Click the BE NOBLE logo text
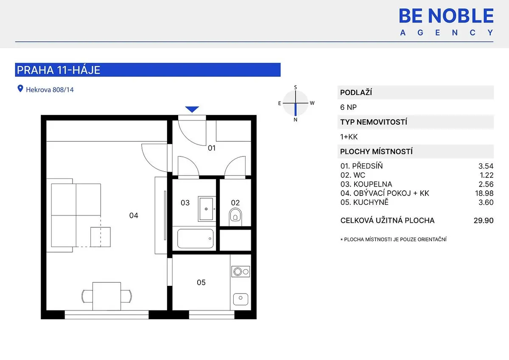(x=446, y=16)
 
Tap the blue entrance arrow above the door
(x=192, y=109)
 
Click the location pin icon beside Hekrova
(x=20, y=89)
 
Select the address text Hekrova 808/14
(x=50, y=90)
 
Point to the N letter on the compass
(x=295, y=120)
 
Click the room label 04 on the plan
(x=134, y=215)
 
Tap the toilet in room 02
(x=235, y=217)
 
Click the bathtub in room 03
(x=196, y=238)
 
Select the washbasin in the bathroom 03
(x=207, y=209)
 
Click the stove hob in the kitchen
(x=241, y=271)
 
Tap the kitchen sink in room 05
(x=241, y=299)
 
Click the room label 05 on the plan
(x=201, y=282)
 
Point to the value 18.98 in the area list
(x=484, y=193)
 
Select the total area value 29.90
(x=484, y=220)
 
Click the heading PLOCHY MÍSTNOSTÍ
(x=376, y=151)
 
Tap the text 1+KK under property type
(x=349, y=137)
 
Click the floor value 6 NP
(x=348, y=107)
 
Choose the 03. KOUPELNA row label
(x=366, y=184)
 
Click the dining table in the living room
(x=106, y=296)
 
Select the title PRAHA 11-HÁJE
(x=59, y=70)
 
